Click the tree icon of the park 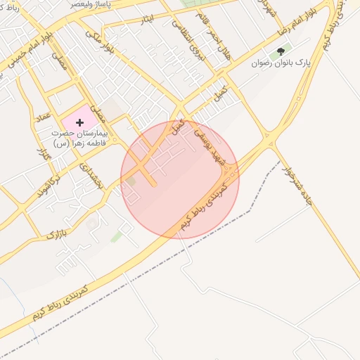[281, 51]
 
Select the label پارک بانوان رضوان [281, 63]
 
